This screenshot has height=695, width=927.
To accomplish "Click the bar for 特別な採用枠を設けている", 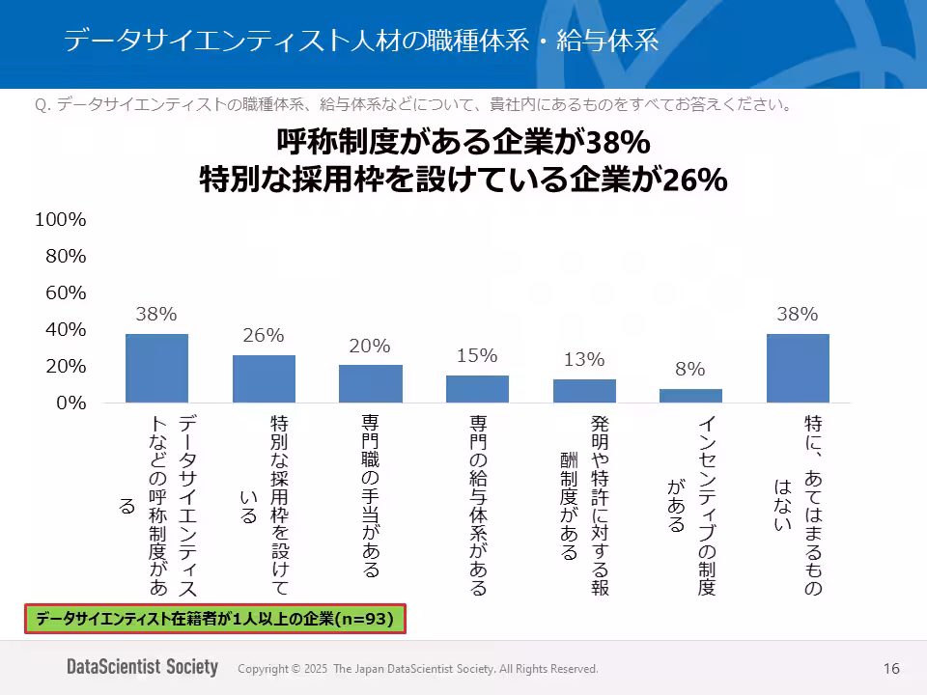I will pyautogui.click(x=264, y=378).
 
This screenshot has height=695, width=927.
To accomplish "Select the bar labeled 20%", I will pyautogui.click(x=371, y=383).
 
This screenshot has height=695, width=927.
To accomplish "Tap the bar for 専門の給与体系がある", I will pyautogui.click(x=477, y=389).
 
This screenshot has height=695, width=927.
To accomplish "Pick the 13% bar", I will pyautogui.click(x=584, y=391).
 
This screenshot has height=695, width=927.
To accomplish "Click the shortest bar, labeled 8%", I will pyautogui.click(x=690, y=396).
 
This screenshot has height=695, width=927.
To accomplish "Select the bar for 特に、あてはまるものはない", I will pyautogui.click(x=798, y=368).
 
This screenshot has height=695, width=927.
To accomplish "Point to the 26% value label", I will pyautogui.click(x=264, y=336).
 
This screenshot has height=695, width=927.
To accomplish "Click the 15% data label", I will pyautogui.click(x=477, y=355).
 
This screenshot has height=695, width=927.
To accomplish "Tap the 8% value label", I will pyautogui.click(x=690, y=369).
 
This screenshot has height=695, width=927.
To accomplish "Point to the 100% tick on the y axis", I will pyautogui.click(x=61, y=220).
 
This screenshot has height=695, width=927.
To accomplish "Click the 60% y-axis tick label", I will pyautogui.click(x=66, y=293).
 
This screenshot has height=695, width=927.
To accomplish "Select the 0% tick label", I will pyautogui.click(x=70, y=403).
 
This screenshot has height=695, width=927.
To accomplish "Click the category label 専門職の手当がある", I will pyautogui.click(x=371, y=496).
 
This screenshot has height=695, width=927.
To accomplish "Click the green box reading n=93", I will pyautogui.click(x=214, y=620).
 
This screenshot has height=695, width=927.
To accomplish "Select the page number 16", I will pyautogui.click(x=891, y=669).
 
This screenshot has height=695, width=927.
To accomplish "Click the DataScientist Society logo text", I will pyautogui.click(x=142, y=668).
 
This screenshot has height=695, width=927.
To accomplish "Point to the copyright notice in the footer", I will pyautogui.click(x=417, y=669).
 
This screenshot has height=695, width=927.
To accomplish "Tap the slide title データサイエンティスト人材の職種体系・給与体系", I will pyautogui.click(x=361, y=41).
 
